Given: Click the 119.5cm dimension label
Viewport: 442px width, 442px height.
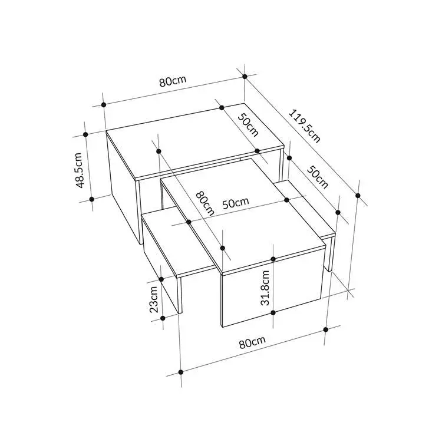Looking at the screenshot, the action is pos(305,126).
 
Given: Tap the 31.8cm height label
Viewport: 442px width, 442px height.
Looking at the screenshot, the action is pos(265,288).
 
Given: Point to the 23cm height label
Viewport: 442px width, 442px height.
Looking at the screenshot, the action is pos(154,299).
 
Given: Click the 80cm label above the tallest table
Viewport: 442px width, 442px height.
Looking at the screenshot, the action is pos(173,81).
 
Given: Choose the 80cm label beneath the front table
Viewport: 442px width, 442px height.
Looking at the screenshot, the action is pos(252,342).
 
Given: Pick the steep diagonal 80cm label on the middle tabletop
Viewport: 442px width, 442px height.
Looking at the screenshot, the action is pos(205,203).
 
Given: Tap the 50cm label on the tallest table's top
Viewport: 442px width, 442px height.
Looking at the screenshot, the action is pos(248,125).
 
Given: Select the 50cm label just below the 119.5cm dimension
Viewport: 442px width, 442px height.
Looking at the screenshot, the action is pos(318,177).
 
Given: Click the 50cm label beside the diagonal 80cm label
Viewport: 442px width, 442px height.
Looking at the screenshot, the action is pos(236,203).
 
